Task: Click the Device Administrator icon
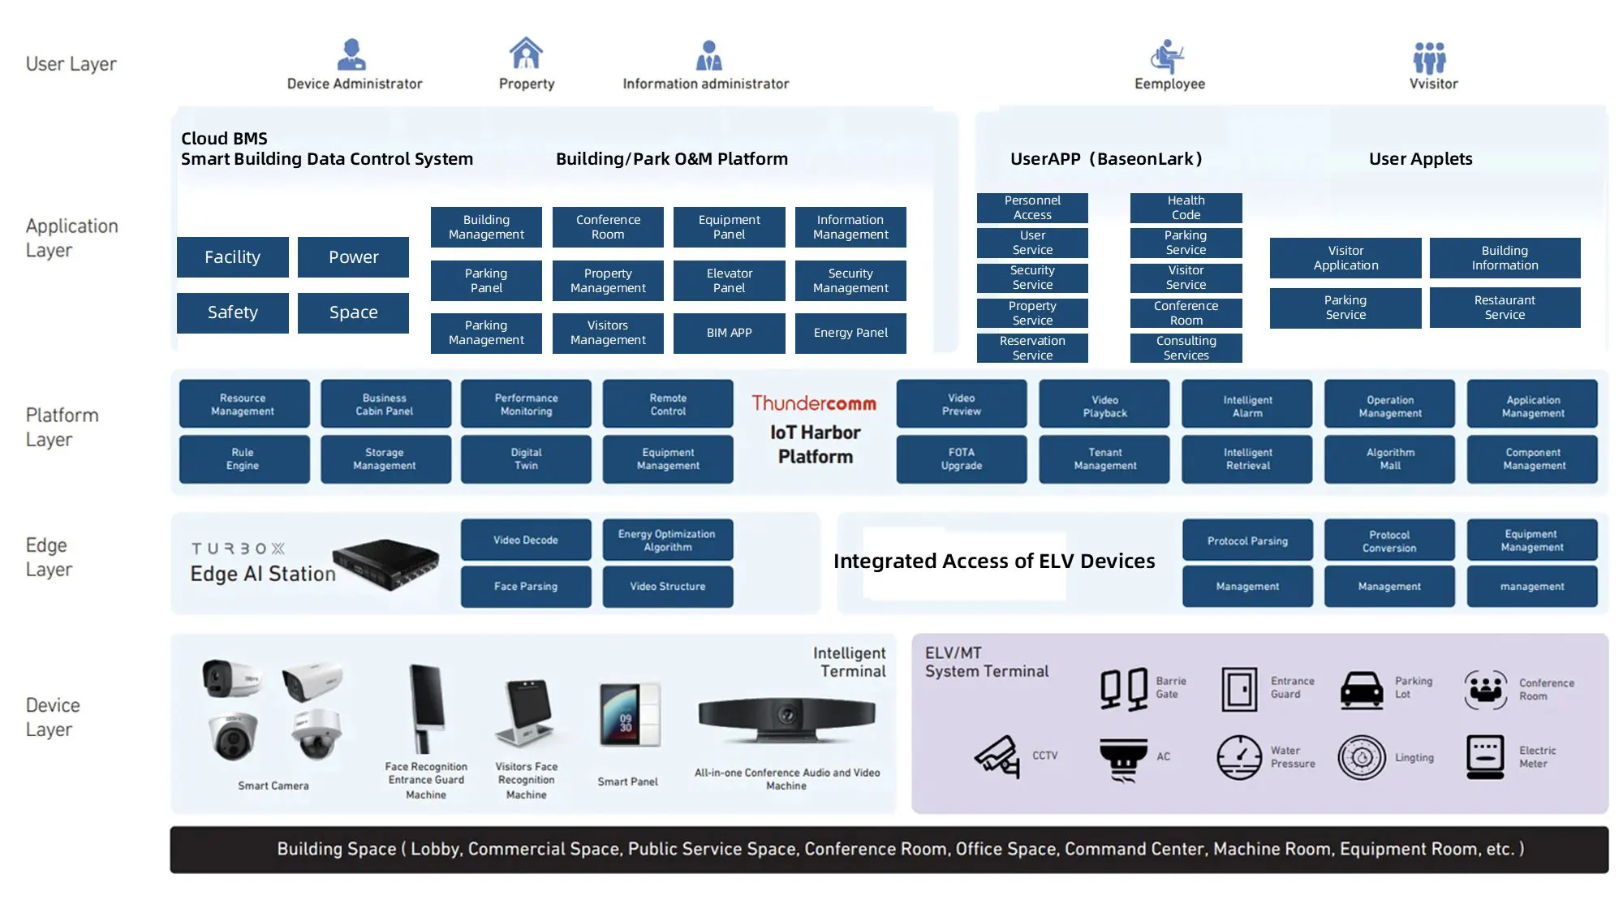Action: click(351, 54)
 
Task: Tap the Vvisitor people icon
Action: click(1429, 58)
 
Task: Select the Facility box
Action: click(232, 257)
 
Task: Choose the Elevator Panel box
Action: click(729, 281)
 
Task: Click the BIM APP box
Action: click(729, 333)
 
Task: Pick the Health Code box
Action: click(1186, 208)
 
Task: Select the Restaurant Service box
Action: click(1505, 308)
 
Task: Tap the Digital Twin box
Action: click(526, 459)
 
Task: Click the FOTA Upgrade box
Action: click(961, 459)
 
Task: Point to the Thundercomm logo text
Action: click(814, 403)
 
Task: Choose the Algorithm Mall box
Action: click(1389, 459)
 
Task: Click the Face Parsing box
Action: click(526, 586)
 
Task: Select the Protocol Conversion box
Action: click(1389, 541)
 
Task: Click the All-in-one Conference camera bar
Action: click(786, 717)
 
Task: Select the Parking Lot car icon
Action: click(1362, 691)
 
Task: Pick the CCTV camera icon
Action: click(997, 756)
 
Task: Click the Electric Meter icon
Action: click(1485, 756)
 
